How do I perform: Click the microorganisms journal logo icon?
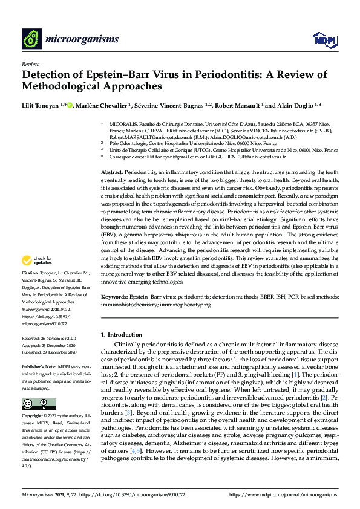(x=31, y=40)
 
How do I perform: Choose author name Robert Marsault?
(x=240, y=106)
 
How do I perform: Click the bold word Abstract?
(x=113, y=173)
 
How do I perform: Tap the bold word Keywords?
(x=115, y=297)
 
